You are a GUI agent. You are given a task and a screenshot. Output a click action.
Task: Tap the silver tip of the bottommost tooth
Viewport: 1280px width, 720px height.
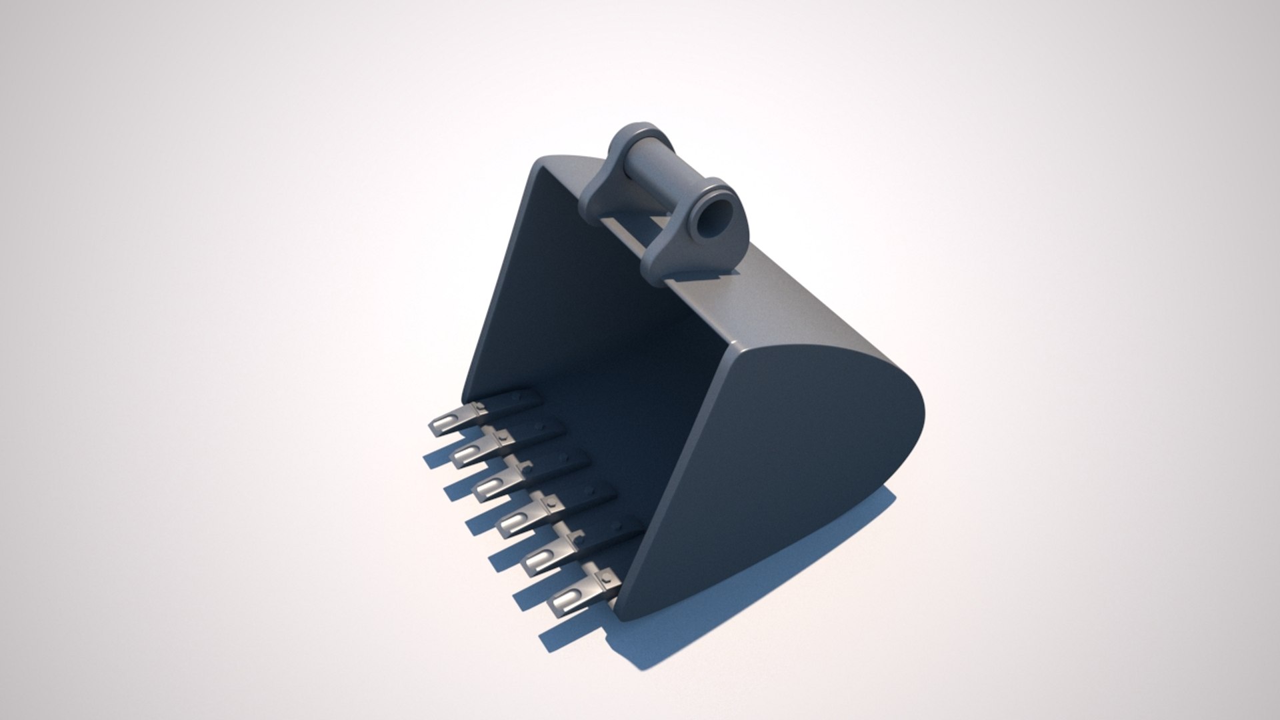563,603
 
